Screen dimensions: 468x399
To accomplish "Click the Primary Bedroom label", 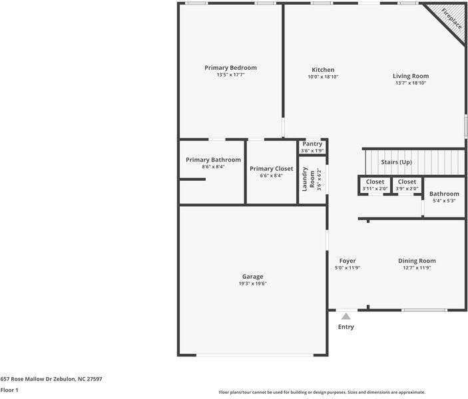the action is click(230, 68).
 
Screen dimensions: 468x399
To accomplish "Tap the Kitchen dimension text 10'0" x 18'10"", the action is click(323, 76).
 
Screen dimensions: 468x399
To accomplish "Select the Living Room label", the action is click(411, 76).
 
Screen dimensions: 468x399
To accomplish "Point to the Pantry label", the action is click(312, 144).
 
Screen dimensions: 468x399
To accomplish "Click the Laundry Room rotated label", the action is click(308, 180).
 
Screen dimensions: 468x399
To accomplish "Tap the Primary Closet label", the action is click(272, 169).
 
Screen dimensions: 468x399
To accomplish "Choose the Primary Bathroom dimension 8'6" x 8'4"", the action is click(213, 167).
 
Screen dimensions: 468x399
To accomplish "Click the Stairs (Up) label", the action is click(396, 162).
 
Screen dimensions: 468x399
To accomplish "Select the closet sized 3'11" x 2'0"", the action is click(375, 185).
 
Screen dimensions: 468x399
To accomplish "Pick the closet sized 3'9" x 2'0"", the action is click(407, 185).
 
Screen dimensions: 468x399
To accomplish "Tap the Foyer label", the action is click(348, 261).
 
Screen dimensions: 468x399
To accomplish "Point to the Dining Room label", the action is click(417, 261).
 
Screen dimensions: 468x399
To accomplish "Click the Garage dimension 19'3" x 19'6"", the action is click(252, 283).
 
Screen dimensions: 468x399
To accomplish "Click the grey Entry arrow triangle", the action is click(346, 317).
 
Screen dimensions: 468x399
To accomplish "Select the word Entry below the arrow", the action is click(346, 327).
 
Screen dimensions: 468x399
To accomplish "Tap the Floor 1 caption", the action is click(9, 390).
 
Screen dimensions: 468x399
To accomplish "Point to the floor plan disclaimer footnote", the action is click(322, 392).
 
